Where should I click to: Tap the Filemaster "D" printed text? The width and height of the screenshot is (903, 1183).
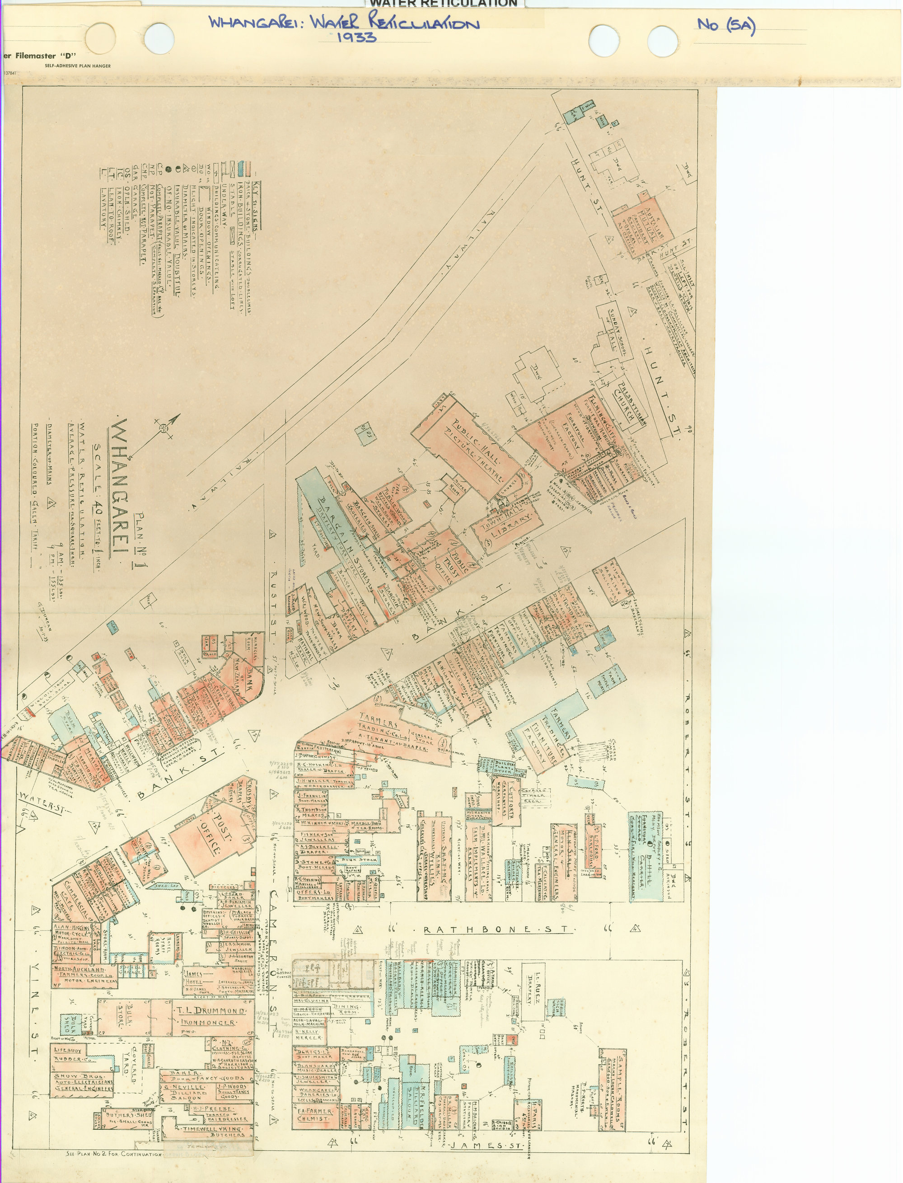click(x=43, y=56)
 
